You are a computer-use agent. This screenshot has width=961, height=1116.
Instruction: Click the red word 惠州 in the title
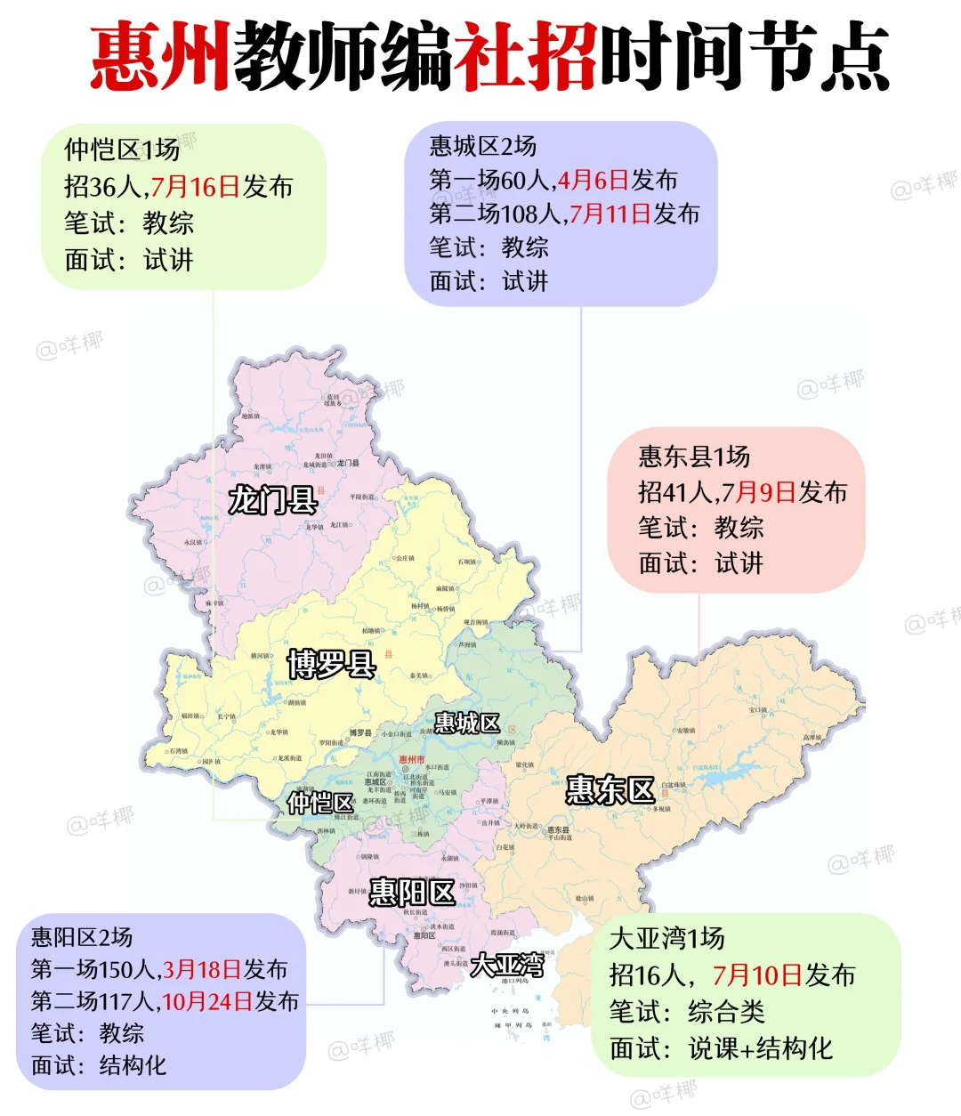click(160, 56)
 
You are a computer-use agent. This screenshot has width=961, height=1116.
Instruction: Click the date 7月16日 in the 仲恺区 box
click(195, 187)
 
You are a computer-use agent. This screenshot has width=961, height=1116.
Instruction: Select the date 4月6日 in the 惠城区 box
click(593, 181)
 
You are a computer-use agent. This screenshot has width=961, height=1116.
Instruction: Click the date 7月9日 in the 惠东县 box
click(758, 492)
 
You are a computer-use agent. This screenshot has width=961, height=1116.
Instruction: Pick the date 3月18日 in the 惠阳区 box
click(201, 969)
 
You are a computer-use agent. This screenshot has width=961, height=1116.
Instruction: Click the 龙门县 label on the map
click(272, 500)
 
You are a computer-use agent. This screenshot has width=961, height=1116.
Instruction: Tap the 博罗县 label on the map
click(331, 664)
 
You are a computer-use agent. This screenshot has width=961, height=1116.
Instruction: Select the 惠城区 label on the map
click(467, 724)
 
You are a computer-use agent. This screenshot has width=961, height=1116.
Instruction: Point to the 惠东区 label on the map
click(610, 790)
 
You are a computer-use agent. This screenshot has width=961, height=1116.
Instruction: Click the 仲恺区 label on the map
click(321, 803)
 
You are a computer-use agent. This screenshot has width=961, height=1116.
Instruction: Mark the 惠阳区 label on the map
click(411, 892)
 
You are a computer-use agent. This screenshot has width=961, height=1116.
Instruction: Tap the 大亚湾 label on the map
click(507, 965)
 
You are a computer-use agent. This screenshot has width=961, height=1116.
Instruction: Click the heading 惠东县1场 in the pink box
click(694, 457)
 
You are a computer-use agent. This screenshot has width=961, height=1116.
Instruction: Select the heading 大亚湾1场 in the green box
click(666, 938)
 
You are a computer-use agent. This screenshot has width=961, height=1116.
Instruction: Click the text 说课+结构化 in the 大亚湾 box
click(760, 1048)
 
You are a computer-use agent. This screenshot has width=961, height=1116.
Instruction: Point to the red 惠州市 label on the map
click(411, 760)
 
